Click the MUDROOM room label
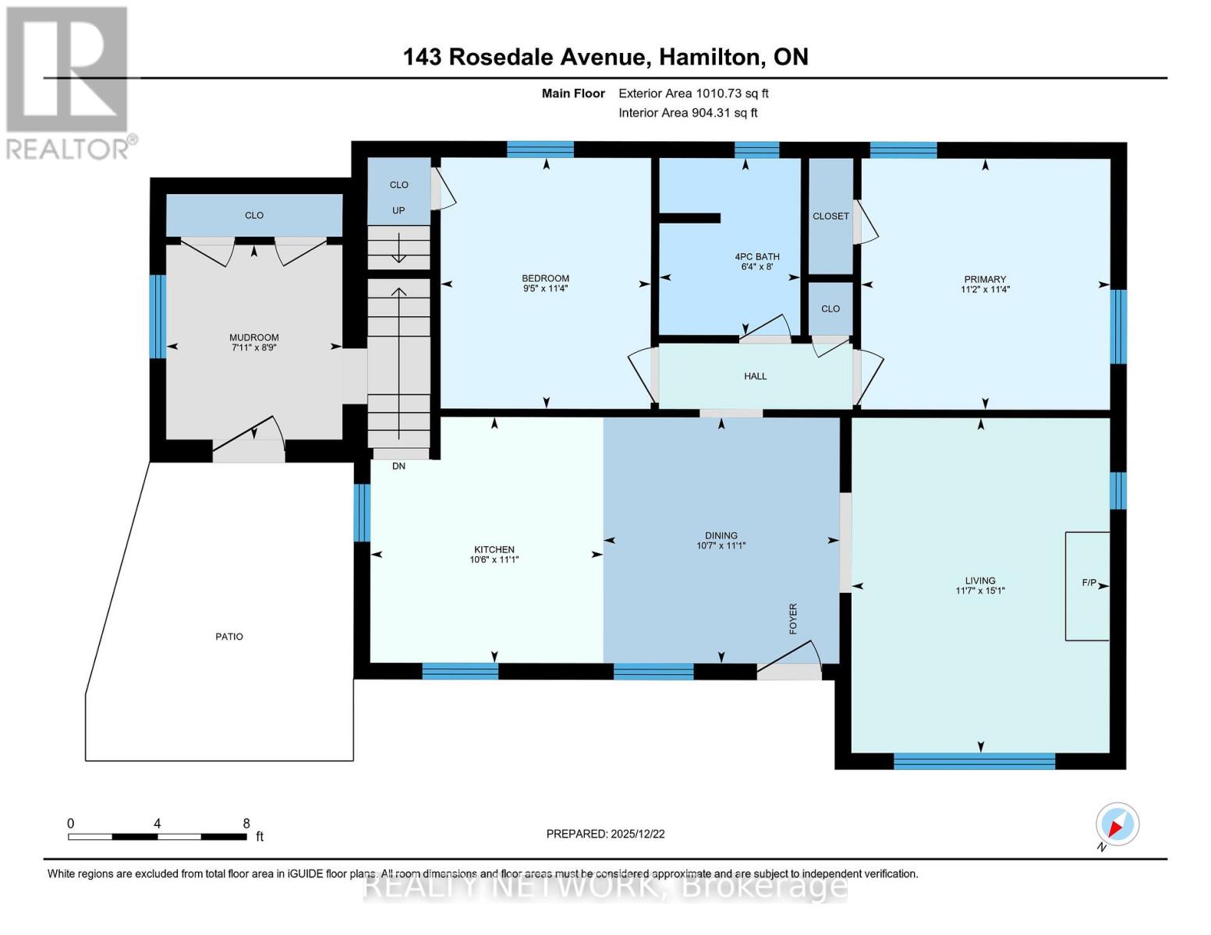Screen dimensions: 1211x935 point(253,337)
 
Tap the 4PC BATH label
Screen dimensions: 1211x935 point(757,256)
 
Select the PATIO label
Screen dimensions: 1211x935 point(229,637)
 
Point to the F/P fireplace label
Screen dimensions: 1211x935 point(1089,583)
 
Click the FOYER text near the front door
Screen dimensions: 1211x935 point(793,618)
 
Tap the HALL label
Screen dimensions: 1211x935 point(755,376)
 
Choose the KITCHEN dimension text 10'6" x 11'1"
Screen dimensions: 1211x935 point(494,559)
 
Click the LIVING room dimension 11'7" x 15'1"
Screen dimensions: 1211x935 point(979,591)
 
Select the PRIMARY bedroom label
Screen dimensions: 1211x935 point(985,280)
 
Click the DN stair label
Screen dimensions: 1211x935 point(398,466)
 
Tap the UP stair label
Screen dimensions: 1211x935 point(398,210)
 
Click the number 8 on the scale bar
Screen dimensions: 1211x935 point(246,823)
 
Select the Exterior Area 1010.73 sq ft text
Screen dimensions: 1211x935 point(693,93)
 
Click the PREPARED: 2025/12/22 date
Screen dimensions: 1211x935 point(605,834)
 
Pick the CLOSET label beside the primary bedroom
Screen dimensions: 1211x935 point(830,216)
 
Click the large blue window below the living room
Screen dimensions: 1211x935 point(974,760)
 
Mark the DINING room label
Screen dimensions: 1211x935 point(721,536)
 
